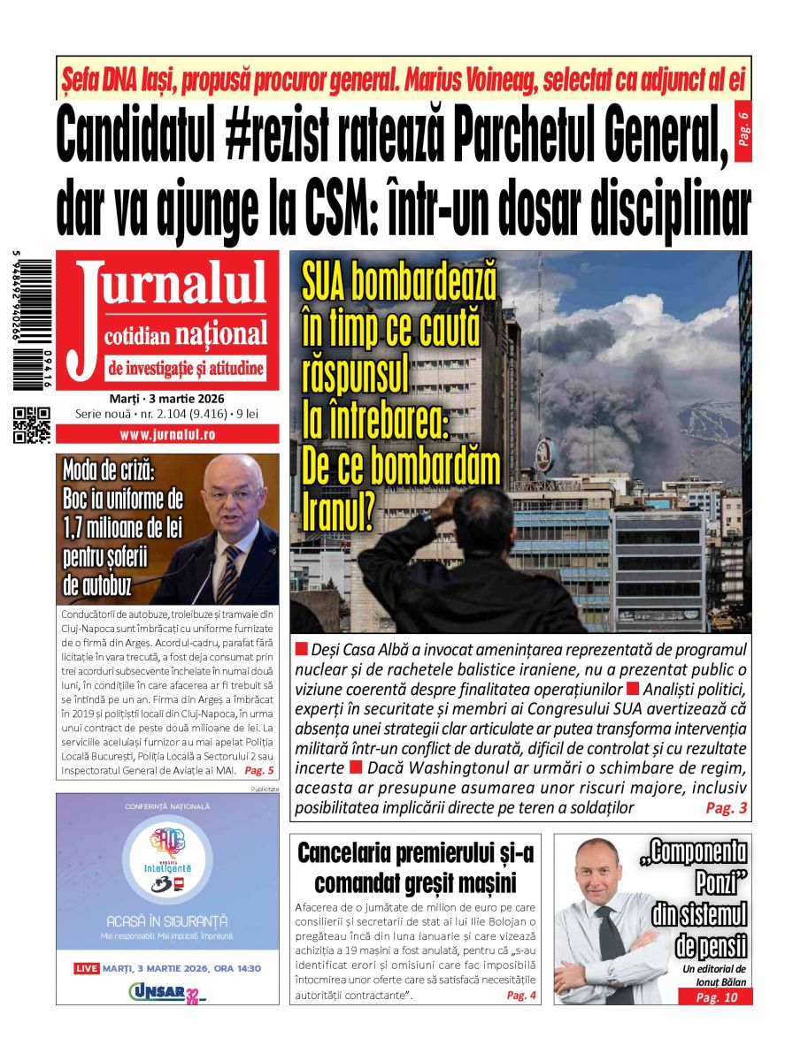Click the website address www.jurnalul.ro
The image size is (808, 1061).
[x=167, y=435]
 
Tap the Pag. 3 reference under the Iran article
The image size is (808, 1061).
[x=726, y=807]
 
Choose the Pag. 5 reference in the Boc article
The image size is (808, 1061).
[x=259, y=770]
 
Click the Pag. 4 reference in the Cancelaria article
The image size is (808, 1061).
[x=521, y=996]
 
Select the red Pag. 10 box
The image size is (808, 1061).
[x=715, y=997]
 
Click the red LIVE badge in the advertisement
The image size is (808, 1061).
[x=87, y=968]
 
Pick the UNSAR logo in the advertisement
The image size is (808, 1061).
[x=166, y=992]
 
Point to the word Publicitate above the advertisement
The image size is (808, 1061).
[x=265, y=788]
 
